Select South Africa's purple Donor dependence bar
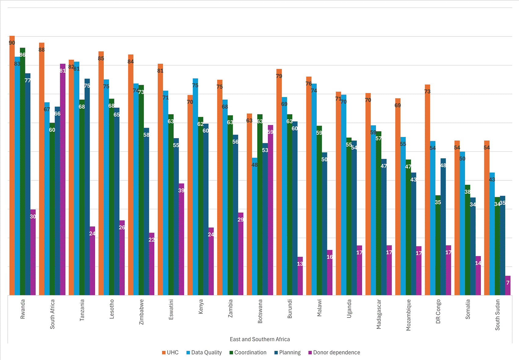pyautogui.click(x=63, y=180)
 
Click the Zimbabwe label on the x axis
pyautogui.click(x=141, y=312)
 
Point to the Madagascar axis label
pyautogui.click(x=379, y=314)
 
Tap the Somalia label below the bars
pyautogui.click(x=468, y=309)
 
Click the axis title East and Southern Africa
pyautogui.click(x=260, y=339)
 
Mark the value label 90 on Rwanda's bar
pyautogui.click(x=12, y=43)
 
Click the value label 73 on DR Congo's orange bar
pyautogui.click(x=427, y=91)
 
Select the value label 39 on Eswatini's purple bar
pyautogui.click(x=181, y=191)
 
